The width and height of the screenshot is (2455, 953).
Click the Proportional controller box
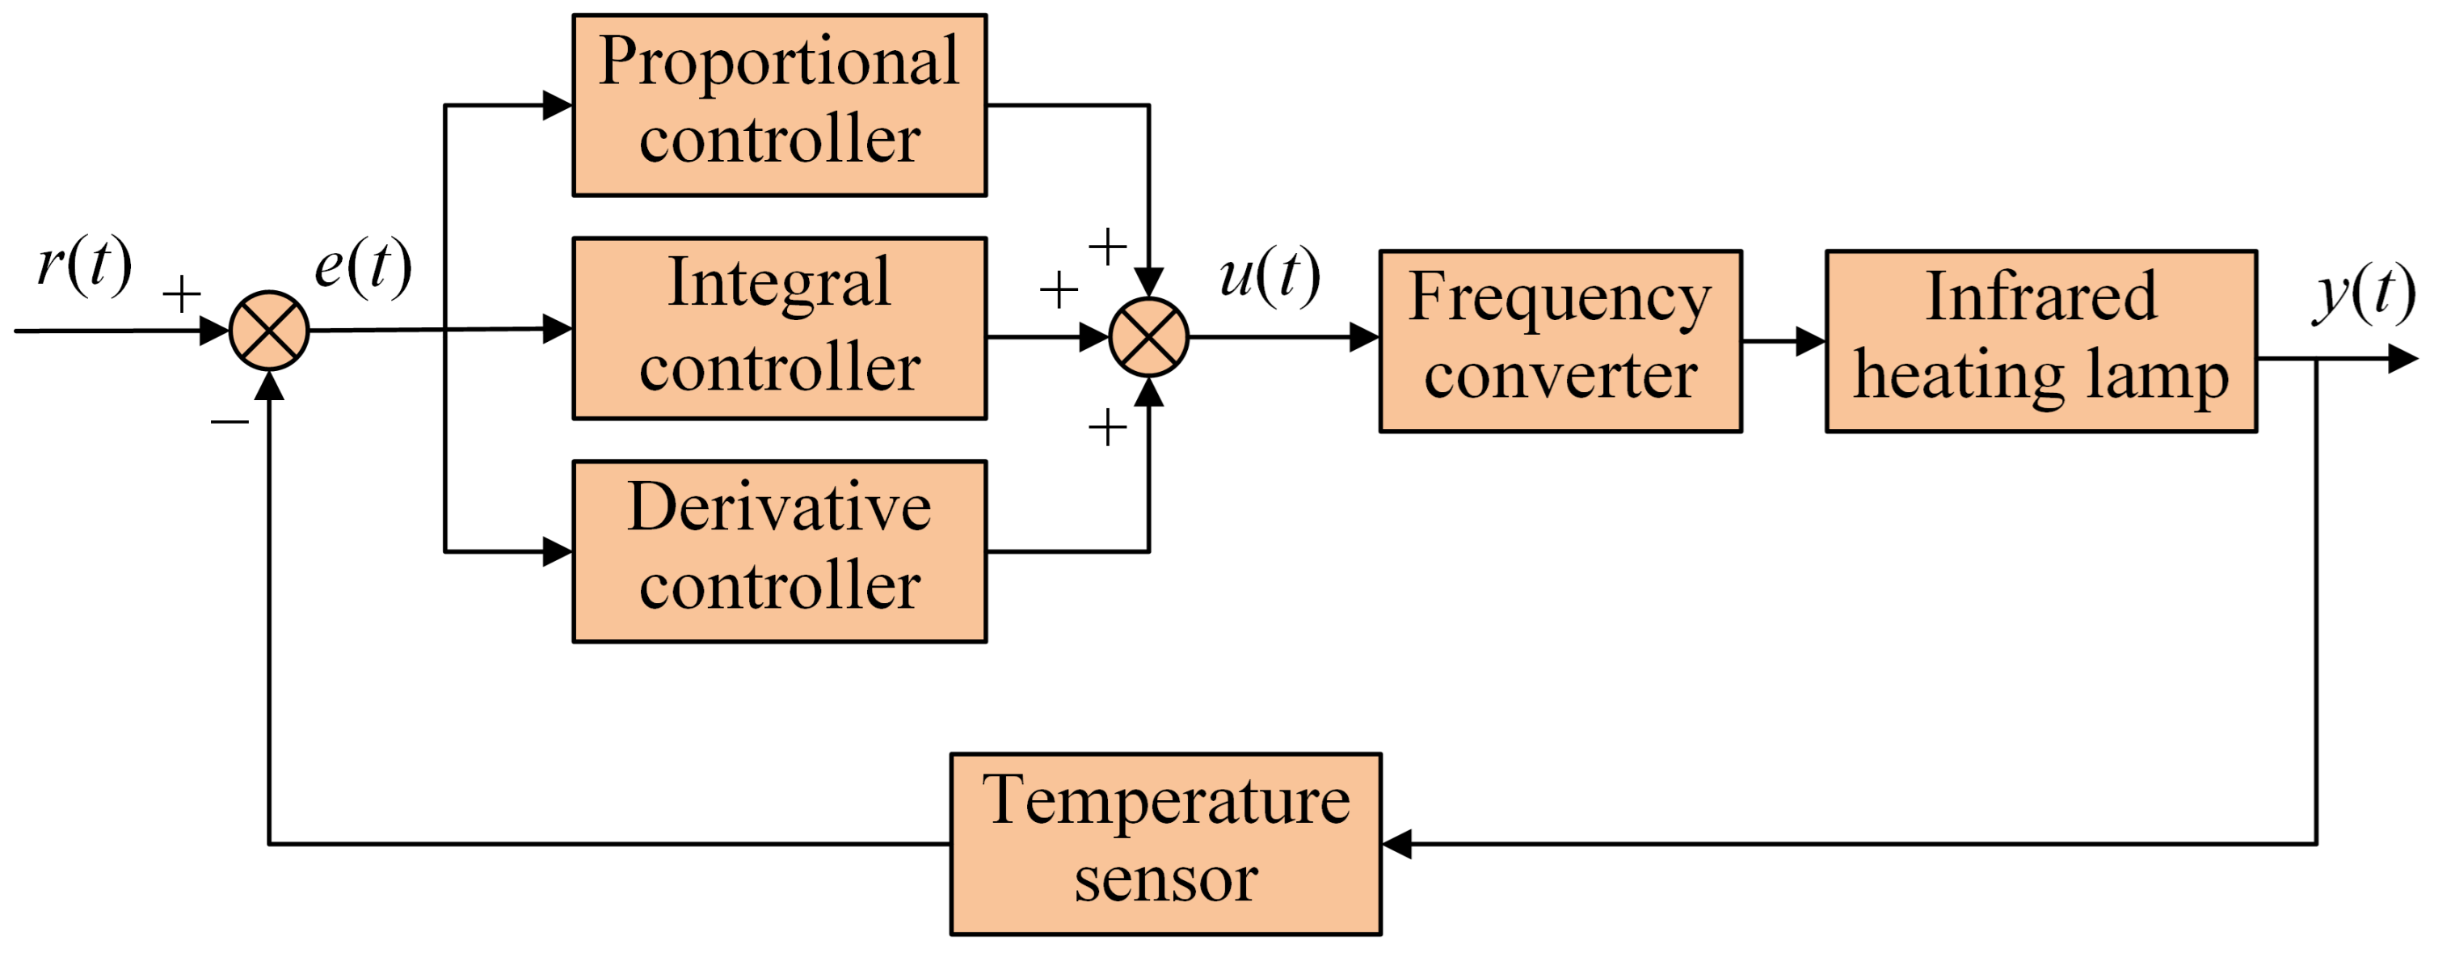click(779, 105)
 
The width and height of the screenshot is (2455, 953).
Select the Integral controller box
click(779, 328)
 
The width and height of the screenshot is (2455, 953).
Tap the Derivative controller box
click(779, 550)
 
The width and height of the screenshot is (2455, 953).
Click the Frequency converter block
click(1560, 341)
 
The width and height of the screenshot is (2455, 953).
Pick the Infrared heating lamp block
click(2040, 341)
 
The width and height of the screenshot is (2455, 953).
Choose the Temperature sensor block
click(1165, 843)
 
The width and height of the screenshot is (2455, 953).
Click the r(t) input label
click(84, 265)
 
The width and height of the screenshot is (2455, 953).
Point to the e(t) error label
click(363, 267)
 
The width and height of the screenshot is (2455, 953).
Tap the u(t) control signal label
click(1270, 276)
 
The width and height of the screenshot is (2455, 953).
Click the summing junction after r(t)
click(270, 331)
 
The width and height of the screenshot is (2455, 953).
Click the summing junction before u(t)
click(1148, 336)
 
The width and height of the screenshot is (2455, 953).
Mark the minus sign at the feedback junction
click(229, 420)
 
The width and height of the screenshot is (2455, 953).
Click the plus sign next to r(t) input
click(181, 293)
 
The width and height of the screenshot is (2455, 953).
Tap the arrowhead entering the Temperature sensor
click(1397, 843)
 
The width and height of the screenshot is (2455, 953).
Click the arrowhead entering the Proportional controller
click(557, 105)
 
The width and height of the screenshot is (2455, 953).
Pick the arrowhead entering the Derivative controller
click(557, 550)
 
